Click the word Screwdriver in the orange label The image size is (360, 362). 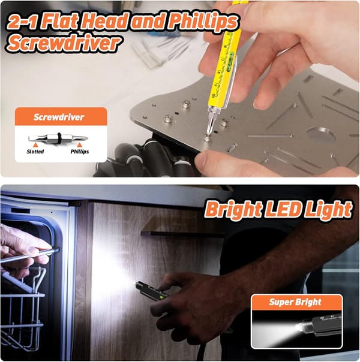(59, 117)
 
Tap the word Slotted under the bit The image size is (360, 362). (35, 152)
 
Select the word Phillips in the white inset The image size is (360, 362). (80, 152)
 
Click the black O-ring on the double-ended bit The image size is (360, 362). (59, 138)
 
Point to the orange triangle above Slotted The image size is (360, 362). (35, 145)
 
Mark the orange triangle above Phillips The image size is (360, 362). (79, 145)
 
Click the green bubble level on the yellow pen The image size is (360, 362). (231, 55)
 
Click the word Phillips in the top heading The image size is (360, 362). (203, 22)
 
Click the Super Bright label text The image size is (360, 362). (295, 302)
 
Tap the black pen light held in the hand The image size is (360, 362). (152, 291)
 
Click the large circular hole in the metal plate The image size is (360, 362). (321, 134)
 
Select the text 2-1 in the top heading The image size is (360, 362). (22, 22)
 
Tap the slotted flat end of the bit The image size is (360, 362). (34, 138)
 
